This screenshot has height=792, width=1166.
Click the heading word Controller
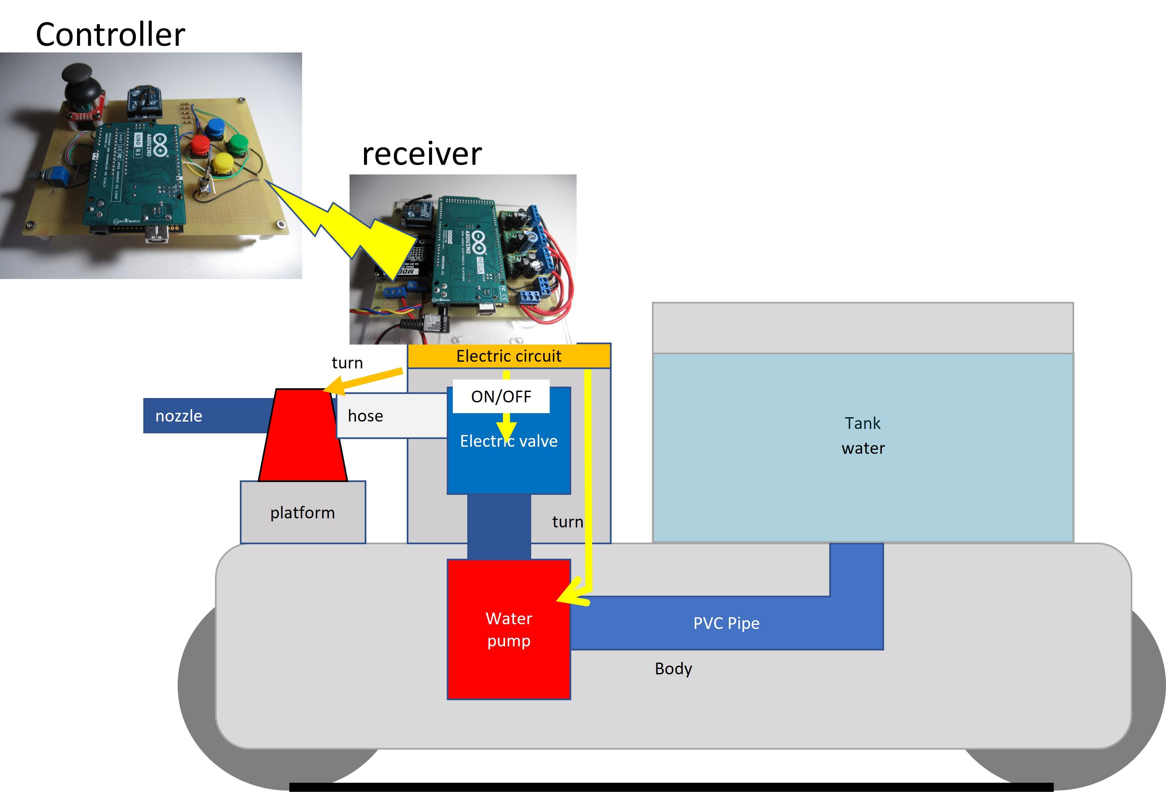[x=110, y=35]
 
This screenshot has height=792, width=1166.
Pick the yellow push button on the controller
[x=222, y=163]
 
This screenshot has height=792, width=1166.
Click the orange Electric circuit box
[x=508, y=356]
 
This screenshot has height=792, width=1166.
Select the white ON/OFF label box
[x=501, y=396]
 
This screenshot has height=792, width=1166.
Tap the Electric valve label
[x=509, y=441]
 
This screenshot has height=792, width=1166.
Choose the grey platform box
[x=302, y=512]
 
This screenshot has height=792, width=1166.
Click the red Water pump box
[x=508, y=629]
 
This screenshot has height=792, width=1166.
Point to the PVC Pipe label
[x=726, y=623]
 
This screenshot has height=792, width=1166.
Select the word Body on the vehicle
[x=673, y=668]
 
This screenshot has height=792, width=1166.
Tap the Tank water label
[x=863, y=435]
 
